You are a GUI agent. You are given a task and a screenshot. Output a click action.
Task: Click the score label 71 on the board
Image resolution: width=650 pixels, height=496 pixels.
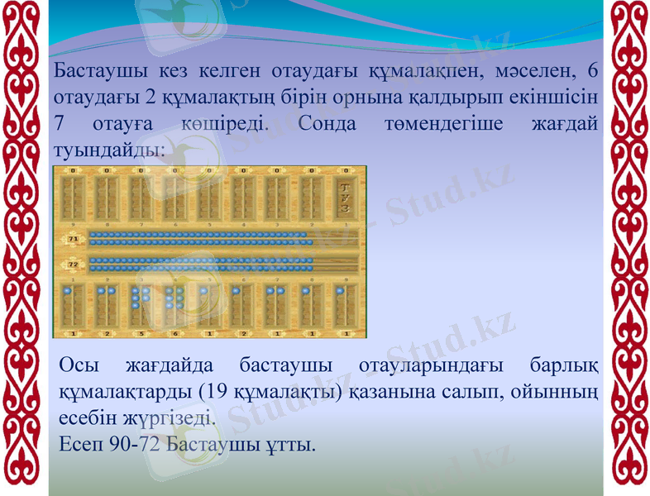pyautogui.click(x=73, y=239)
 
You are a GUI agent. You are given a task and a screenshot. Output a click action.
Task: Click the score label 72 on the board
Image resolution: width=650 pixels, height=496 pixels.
pyautogui.click(x=73, y=265)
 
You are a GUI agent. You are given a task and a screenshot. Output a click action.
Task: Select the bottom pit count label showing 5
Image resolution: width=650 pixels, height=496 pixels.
pyautogui.click(x=141, y=333)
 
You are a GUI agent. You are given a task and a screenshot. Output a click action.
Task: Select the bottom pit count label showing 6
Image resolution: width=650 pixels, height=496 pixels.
pyautogui.click(x=175, y=333)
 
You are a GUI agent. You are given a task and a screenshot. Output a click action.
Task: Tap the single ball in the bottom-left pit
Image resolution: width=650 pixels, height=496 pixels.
pyautogui.click(x=73, y=292)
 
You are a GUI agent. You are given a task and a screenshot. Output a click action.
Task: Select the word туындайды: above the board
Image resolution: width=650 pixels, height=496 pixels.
pyautogui.click(x=108, y=152)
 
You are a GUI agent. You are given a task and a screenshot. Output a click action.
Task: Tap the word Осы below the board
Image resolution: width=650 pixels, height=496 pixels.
pyautogui.click(x=80, y=365)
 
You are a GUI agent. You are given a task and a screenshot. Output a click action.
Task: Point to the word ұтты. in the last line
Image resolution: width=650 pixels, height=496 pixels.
pyautogui.click(x=289, y=446)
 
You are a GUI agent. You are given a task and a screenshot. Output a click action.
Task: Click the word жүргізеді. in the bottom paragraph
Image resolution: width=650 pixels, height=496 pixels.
pyautogui.click(x=170, y=418)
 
